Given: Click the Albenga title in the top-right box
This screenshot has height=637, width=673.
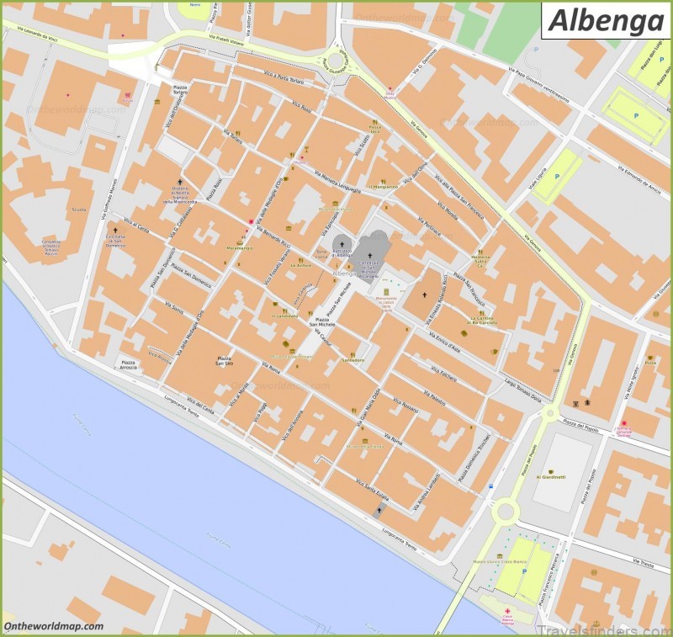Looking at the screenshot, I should click(605, 20).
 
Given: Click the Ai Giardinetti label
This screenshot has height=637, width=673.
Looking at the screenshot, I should click(551, 476).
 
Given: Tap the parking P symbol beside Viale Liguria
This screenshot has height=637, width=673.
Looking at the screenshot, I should click(557, 177).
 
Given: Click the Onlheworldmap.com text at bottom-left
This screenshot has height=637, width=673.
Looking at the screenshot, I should click(54, 626).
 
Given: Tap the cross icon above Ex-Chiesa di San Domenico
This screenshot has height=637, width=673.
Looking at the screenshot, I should click(114, 230).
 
